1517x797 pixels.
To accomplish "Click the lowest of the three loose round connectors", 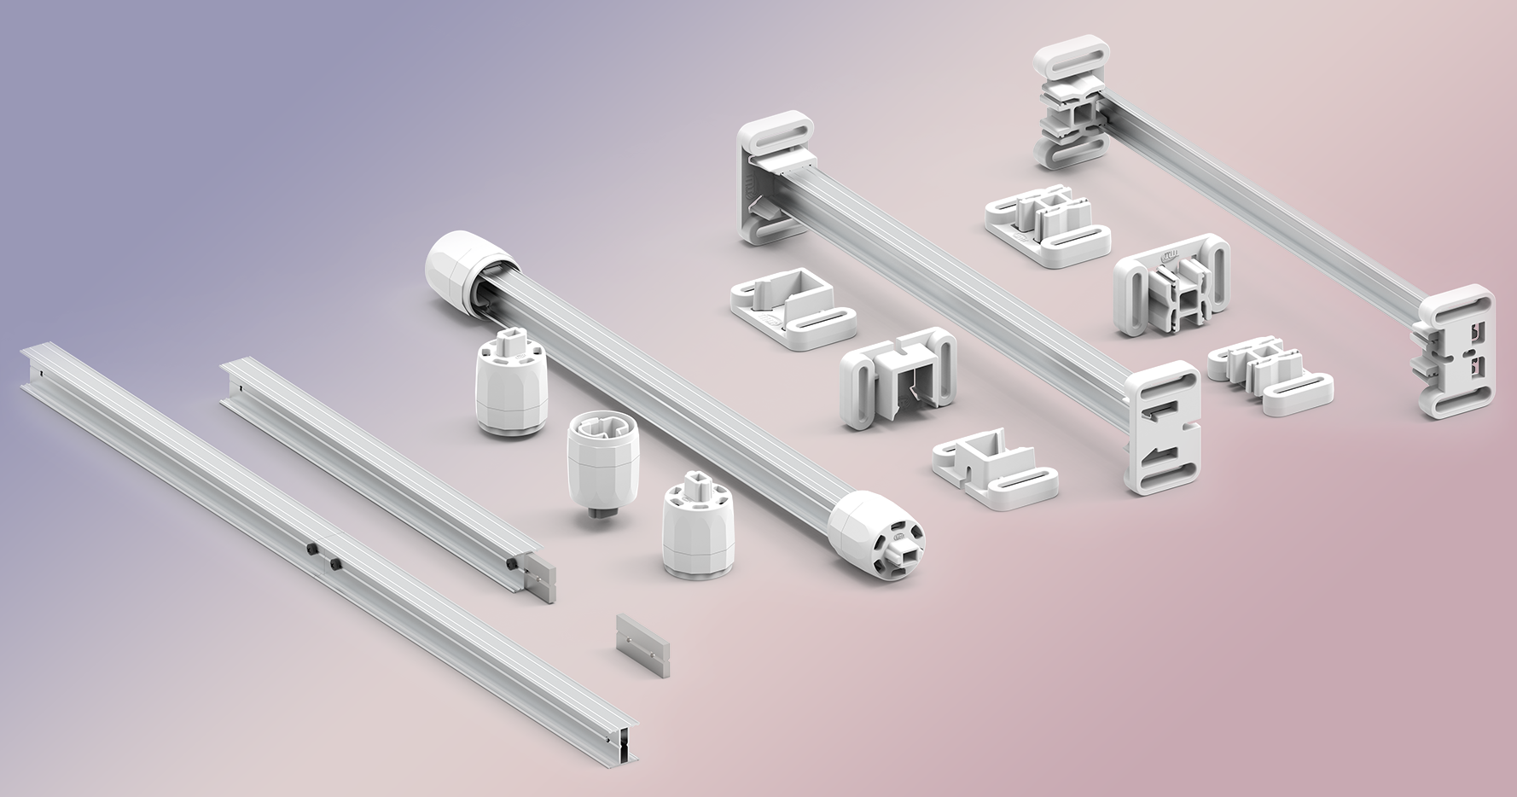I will (696, 526).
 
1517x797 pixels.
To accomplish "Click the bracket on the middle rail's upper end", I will (776, 181).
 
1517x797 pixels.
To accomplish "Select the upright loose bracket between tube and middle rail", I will (898, 376).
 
